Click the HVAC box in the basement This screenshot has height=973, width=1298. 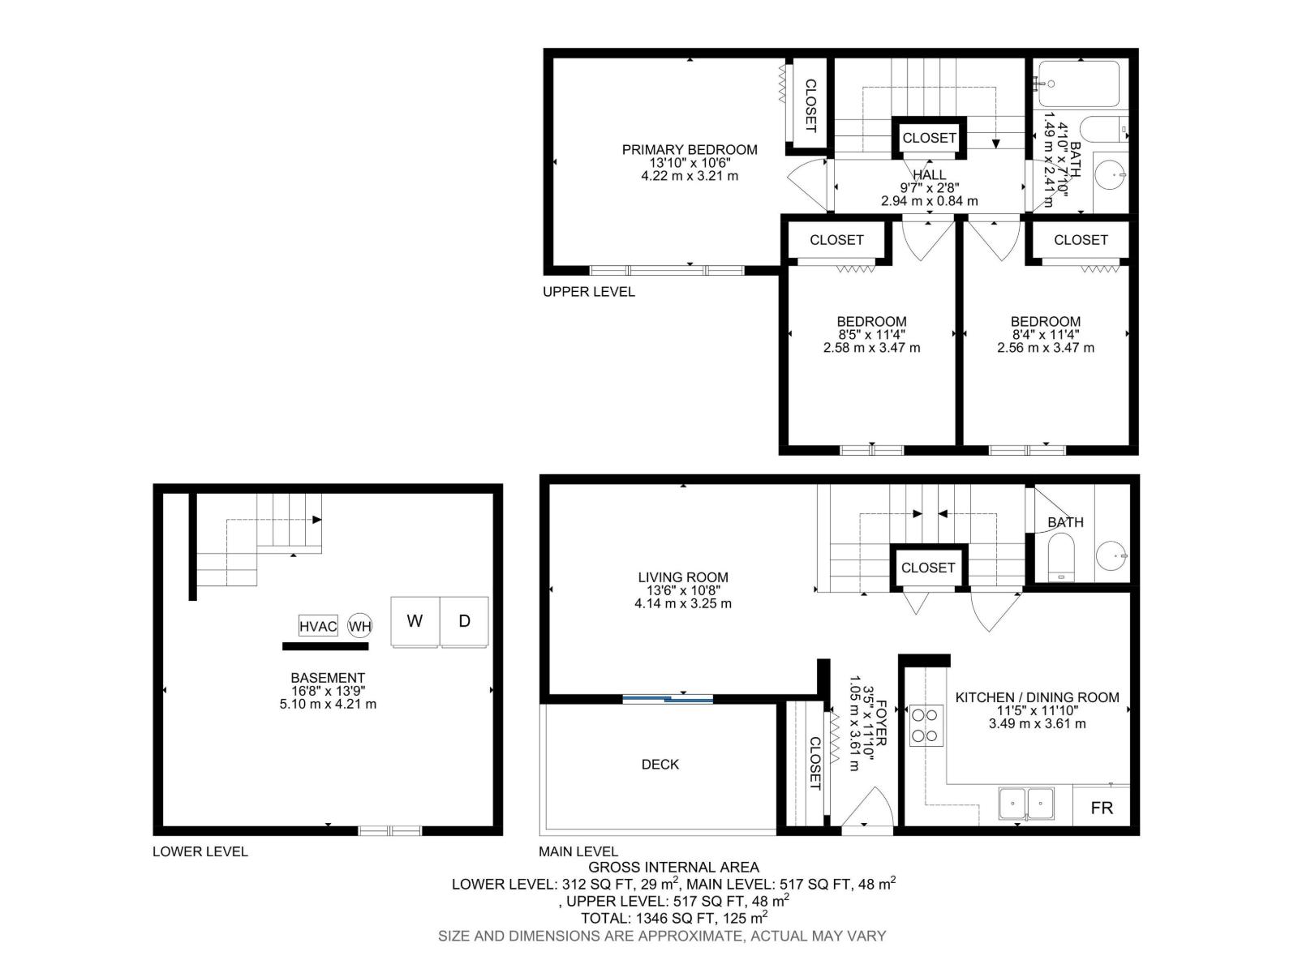click(318, 626)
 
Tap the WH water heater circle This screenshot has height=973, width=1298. click(359, 626)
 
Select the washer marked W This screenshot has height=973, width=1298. click(415, 622)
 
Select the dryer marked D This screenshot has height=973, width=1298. click(464, 622)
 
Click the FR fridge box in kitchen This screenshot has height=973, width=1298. click(1101, 808)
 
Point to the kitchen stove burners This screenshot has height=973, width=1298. click(926, 726)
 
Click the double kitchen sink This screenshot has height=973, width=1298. click(1026, 804)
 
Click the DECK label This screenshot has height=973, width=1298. click(660, 764)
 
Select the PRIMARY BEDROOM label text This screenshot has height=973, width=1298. click(690, 149)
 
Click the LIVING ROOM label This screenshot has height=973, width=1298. click(682, 577)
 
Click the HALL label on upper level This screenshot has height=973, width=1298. click(929, 174)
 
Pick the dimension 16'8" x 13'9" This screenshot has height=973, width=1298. click(328, 691)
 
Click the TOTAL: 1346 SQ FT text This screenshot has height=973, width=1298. click(673, 918)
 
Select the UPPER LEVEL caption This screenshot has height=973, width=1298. click(588, 291)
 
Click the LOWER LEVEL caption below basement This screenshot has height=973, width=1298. click(200, 851)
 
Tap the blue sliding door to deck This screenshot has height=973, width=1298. click(668, 698)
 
